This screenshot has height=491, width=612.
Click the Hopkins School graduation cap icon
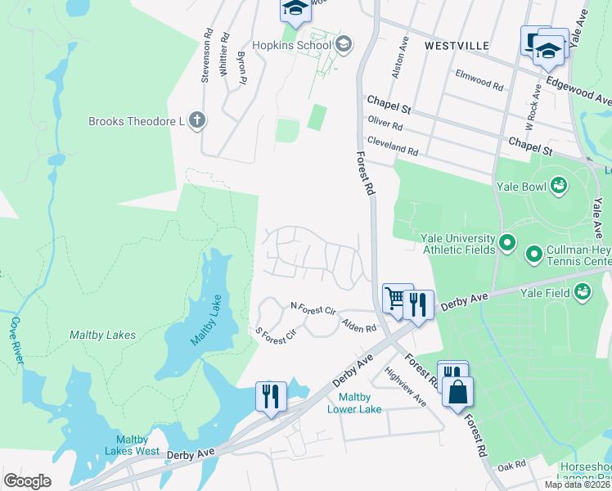tap(343, 44)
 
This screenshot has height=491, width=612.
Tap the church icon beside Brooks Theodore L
tap(196, 121)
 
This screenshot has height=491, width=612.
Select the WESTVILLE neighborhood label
tap(457, 46)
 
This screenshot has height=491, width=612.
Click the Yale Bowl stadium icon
tap(559, 186)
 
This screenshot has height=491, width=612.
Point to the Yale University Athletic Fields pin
tap(506, 243)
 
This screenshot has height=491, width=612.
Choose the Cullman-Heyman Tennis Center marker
tap(534, 255)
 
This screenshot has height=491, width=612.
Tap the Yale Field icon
tap(582, 290)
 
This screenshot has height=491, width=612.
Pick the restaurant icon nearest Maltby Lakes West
tap(271, 395)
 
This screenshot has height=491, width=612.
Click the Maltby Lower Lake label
tap(354, 403)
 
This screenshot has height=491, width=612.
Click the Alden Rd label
tap(358, 325)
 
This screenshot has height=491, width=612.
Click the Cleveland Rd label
tap(393, 146)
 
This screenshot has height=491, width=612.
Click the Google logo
tap(27, 480)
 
